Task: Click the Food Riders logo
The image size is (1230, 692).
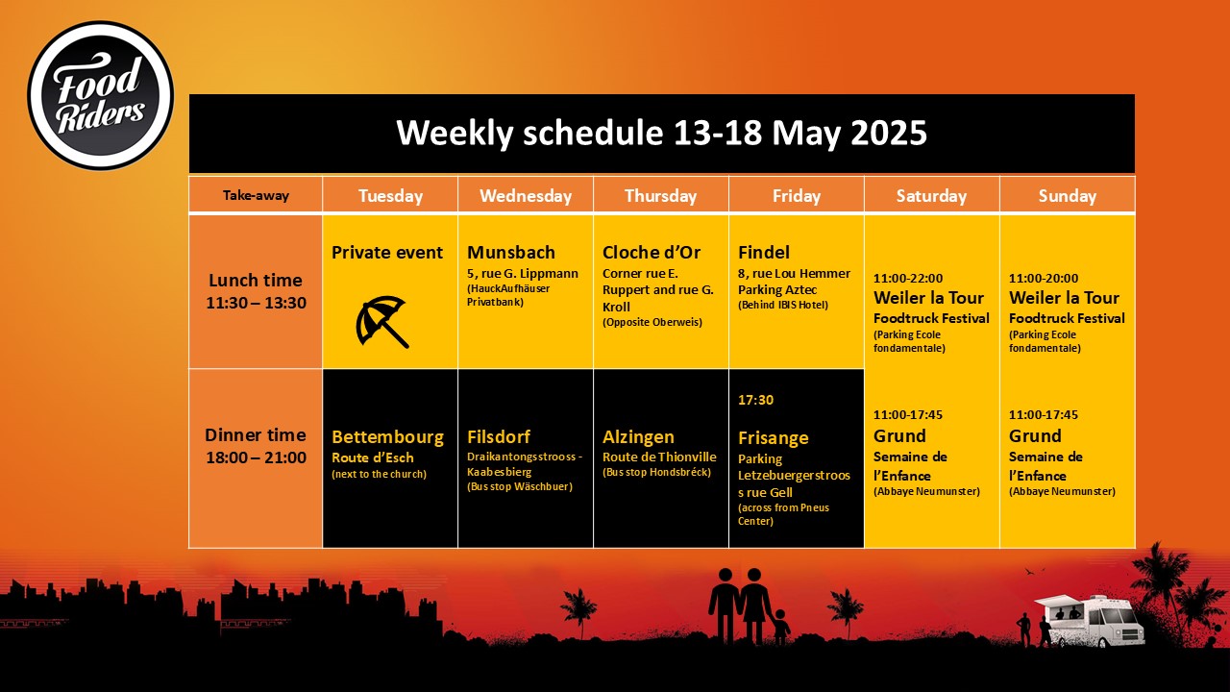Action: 101,95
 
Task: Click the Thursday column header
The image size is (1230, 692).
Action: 660,196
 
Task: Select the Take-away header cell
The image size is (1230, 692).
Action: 256,195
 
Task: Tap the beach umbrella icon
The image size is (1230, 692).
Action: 382,322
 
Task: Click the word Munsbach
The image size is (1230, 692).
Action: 510,252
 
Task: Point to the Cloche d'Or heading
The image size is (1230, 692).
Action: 652,252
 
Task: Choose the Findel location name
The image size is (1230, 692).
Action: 764,252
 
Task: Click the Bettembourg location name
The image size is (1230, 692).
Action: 387,437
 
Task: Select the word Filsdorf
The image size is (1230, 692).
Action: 499,436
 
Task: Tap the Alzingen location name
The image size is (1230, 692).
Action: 638,437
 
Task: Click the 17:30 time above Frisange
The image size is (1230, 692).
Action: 755,400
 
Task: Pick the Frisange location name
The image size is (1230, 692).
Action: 774,438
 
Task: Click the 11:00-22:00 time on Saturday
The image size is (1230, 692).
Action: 908,278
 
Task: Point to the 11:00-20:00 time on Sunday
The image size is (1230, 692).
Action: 1044,278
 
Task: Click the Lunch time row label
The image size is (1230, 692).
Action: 256,291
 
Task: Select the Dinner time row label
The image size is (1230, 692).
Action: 256,446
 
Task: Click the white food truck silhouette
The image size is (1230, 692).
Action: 1090,621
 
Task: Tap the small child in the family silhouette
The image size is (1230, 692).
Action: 779,627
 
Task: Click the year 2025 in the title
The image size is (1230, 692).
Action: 889,133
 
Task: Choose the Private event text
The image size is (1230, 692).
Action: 386,252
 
